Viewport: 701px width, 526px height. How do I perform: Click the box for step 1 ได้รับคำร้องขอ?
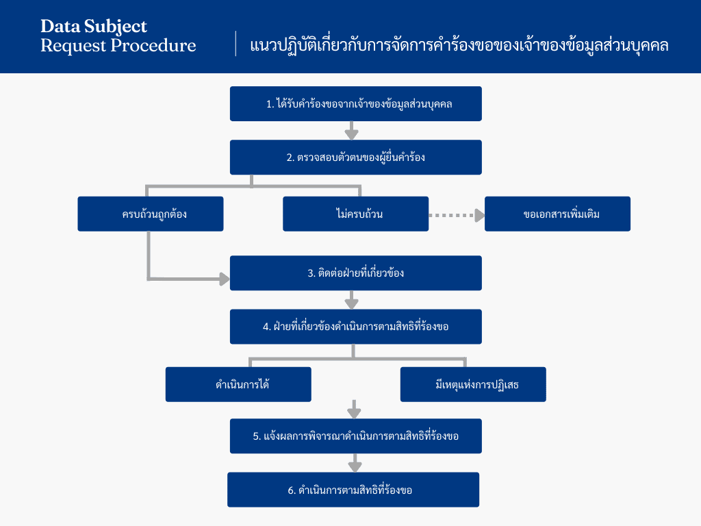point(356,104)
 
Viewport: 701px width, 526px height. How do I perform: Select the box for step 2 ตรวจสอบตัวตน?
point(356,158)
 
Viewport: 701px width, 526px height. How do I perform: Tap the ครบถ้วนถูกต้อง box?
point(151,214)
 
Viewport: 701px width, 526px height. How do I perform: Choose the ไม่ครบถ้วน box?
point(356,214)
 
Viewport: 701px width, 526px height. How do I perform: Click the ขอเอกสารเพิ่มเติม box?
point(557,214)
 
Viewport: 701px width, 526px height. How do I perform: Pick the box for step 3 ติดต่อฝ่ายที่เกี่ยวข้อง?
point(356,273)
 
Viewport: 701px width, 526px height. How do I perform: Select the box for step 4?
point(356,327)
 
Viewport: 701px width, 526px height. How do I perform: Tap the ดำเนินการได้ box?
point(238,385)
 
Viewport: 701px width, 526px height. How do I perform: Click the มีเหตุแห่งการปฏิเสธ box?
point(473,385)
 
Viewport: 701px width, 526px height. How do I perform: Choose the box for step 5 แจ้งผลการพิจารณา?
point(356,436)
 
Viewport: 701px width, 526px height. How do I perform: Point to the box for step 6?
point(353,490)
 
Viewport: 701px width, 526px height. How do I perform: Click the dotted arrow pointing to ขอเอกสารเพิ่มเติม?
point(457,216)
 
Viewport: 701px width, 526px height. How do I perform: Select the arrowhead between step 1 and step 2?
point(352,134)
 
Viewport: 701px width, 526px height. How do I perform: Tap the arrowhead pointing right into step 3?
point(225,279)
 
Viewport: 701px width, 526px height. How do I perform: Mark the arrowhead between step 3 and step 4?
point(352,303)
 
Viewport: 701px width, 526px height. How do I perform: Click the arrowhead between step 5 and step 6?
point(355,467)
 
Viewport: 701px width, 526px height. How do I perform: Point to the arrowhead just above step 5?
point(354,413)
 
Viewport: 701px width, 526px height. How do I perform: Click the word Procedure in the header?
point(153,46)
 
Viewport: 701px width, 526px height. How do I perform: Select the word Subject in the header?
point(115,27)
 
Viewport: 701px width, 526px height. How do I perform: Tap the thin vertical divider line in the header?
point(235,43)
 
